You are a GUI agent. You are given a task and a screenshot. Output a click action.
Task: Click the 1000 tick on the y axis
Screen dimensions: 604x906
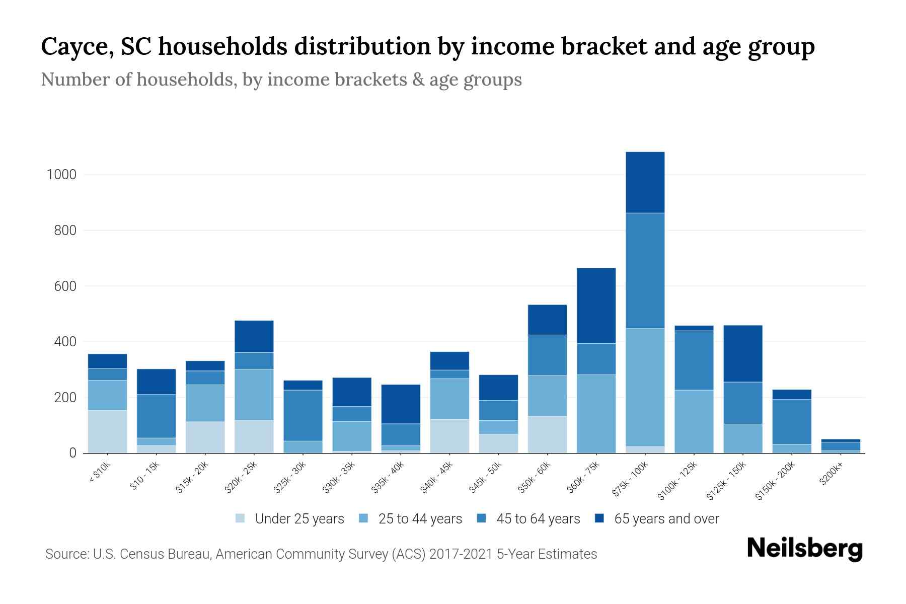(x=61, y=175)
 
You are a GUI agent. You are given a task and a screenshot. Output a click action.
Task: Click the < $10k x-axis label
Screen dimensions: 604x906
(x=99, y=473)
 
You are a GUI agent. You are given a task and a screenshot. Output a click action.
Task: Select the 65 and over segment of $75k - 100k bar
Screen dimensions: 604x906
(x=645, y=182)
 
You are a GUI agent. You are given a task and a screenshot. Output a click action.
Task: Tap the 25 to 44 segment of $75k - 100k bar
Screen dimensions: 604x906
(x=645, y=387)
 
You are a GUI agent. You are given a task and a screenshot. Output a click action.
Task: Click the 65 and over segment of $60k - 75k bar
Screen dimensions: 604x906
(x=596, y=306)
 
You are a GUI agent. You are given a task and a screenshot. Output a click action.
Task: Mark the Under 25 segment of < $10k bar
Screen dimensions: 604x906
(x=107, y=431)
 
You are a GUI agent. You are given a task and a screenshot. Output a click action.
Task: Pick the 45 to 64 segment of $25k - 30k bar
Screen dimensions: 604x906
(x=303, y=415)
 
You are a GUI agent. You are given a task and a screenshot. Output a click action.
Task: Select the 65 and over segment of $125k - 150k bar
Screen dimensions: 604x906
(x=742, y=353)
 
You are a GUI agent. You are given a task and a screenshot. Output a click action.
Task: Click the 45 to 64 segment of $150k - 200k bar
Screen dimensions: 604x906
(x=791, y=422)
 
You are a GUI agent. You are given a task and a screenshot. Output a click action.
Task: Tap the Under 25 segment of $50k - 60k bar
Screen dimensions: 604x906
(x=547, y=434)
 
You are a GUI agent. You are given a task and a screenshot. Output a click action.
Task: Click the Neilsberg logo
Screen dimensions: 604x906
(x=804, y=549)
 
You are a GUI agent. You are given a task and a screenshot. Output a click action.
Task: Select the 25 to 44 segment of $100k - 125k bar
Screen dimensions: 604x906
(x=694, y=421)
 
